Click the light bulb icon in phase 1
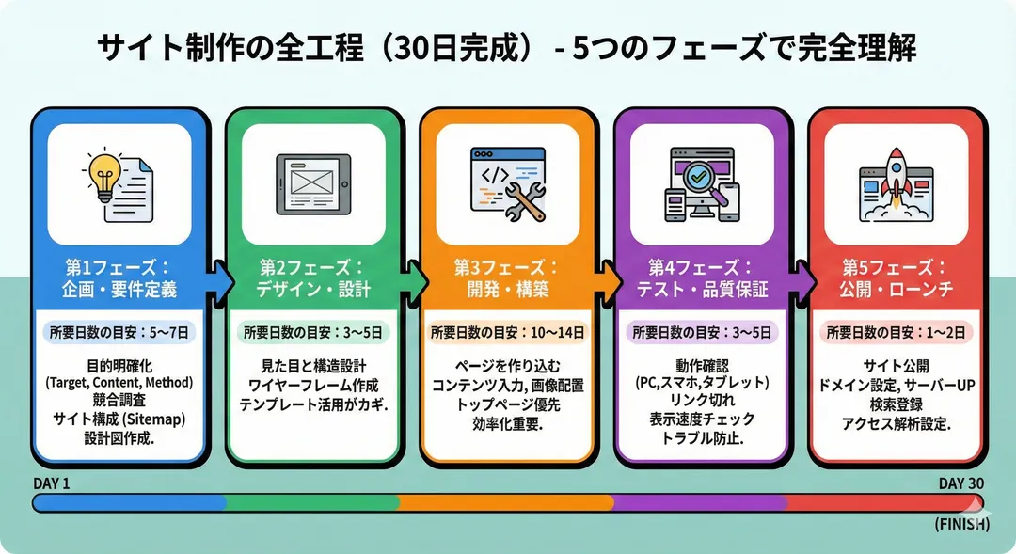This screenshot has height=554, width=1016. click(104, 174)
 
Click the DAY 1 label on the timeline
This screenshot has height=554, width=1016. click(52, 483)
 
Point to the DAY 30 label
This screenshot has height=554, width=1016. click(961, 483)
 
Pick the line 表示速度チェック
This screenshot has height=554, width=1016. click(703, 420)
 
